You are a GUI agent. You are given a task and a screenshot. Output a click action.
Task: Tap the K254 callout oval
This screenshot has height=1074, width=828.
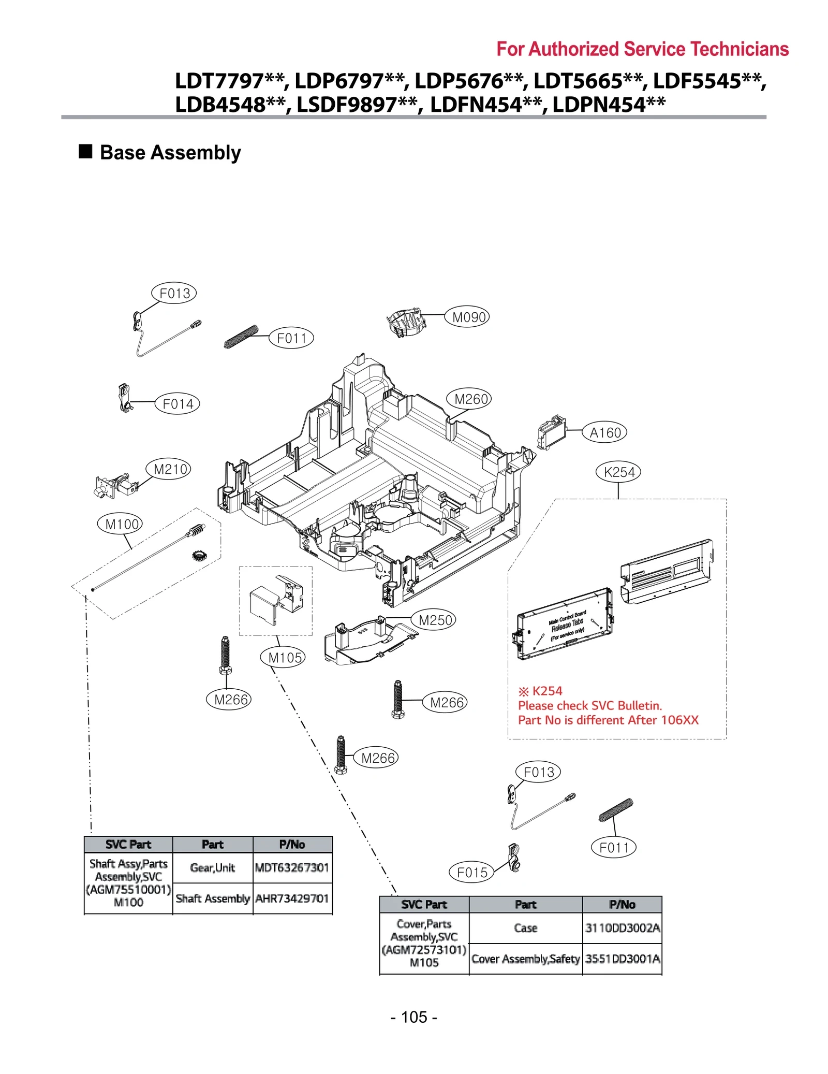point(618,471)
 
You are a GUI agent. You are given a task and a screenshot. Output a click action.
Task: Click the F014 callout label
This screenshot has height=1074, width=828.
point(177,403)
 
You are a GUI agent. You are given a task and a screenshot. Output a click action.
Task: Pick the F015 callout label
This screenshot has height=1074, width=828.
point(471,872)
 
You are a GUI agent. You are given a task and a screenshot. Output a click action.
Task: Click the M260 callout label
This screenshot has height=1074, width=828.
point(469,399)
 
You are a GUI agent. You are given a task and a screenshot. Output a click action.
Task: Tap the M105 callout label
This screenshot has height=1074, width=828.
point(283,657)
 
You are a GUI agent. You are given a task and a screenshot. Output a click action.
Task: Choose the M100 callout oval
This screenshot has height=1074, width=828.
point(120,524)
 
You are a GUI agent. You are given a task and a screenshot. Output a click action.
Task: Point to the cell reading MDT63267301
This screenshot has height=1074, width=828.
point(292,867)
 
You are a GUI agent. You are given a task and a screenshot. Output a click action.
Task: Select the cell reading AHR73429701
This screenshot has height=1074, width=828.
point(292,898)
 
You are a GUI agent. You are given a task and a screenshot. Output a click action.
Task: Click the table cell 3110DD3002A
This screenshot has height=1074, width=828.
point(622,927)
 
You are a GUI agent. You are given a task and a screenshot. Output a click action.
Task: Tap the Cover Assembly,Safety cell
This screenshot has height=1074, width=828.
point(525,959)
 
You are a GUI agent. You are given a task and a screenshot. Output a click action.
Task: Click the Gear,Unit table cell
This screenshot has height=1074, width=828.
point(212,867)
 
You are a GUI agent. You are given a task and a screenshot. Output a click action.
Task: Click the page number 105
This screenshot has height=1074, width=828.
point(413,1017)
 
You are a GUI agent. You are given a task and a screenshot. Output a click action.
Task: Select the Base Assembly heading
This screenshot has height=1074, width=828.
point(170,152)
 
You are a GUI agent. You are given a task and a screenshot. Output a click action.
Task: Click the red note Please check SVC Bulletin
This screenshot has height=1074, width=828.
point(589,705)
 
